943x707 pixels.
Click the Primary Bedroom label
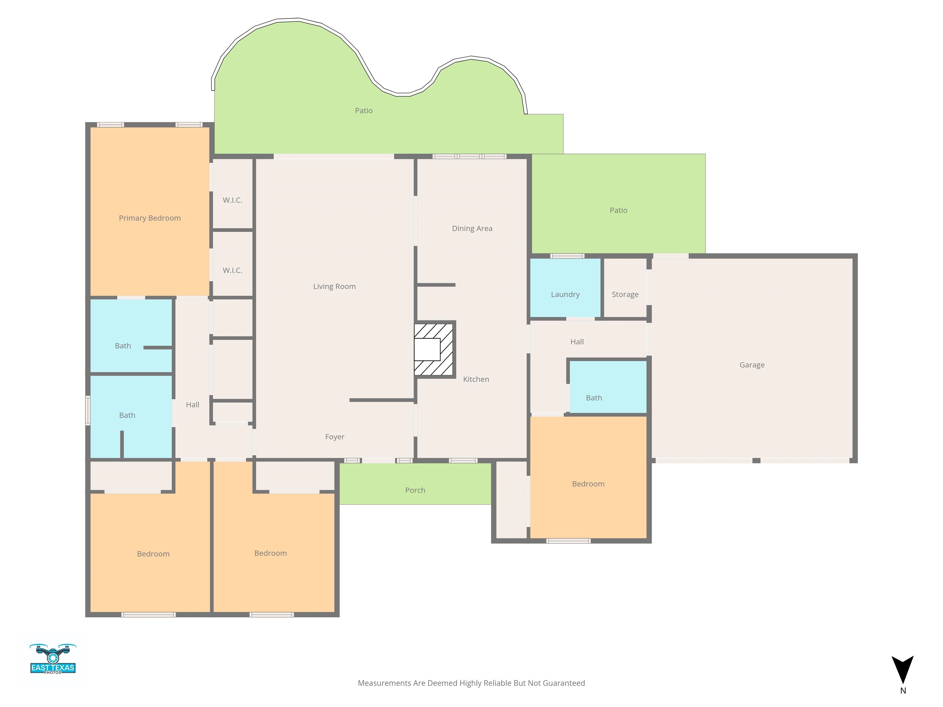tap(149, 218)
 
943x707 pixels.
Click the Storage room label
tap(625, 295)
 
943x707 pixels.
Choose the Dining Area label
tap(472, 228)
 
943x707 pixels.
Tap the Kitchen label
tap(476, 379)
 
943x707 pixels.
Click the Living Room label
tap(334, 286)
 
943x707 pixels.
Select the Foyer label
tap(335, 437)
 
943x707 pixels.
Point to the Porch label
tap(415, 490)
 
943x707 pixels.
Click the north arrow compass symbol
tap(902, 670)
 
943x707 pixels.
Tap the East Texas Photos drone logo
tap(53, 659)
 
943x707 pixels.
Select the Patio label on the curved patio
tap(364, 111)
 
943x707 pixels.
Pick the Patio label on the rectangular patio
tap(618, 210)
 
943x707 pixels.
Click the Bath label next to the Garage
tap(594, 398)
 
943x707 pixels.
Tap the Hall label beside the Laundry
tap(577, 342)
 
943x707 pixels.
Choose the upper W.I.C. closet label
tap(232, 200)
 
